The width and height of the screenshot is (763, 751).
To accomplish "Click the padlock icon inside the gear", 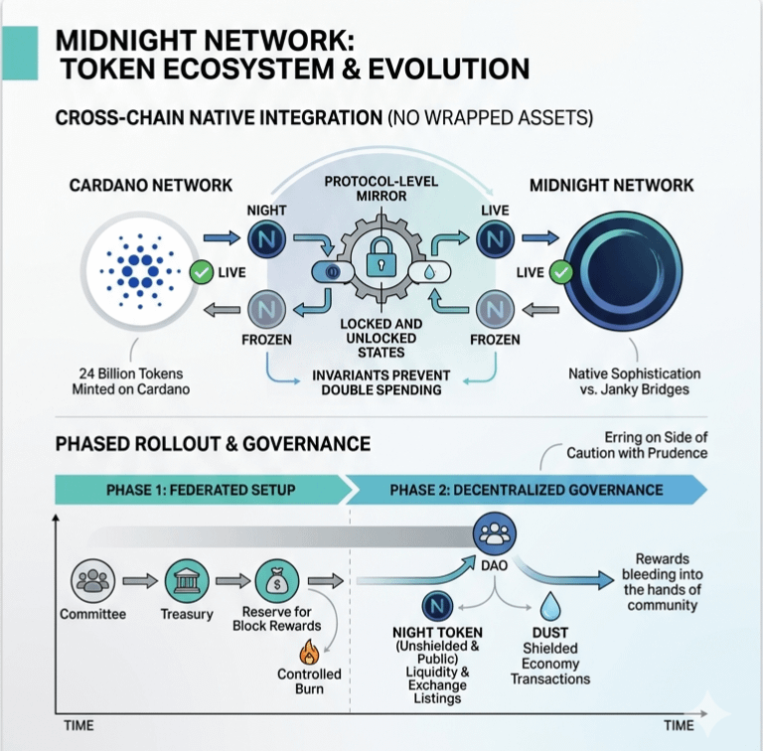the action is (382, 261).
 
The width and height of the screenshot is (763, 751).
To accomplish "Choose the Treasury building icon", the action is (186, 579).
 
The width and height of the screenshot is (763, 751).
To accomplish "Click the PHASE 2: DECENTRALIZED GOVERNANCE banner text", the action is (526, 490).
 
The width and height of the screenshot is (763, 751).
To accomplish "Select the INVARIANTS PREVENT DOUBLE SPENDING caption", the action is (381, 383).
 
